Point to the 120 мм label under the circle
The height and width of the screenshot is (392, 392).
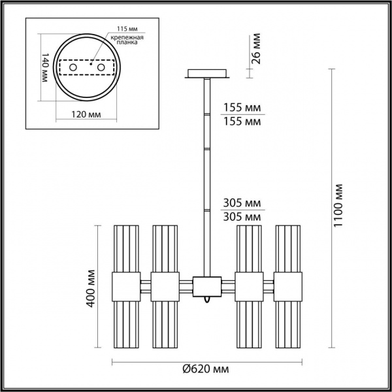[x=86, y=114]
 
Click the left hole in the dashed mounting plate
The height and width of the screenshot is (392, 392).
[x=73, y=68]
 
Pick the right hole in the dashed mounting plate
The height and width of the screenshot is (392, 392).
[x=101, y=68]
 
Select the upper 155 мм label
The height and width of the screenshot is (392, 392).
[x=242, y=108]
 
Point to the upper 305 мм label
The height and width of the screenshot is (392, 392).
[x=242, y=203]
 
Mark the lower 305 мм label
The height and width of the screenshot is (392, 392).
[x=242, y=216]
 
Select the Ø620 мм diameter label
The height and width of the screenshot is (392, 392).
[x=206, y=369]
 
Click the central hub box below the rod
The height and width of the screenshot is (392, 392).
[x=206, y=286]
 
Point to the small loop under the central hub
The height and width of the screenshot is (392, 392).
[x=206, y=299]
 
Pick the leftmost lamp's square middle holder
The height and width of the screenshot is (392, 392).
[x=125, y=286]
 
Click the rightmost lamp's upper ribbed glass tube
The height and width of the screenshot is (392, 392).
[x=287, y=248]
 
